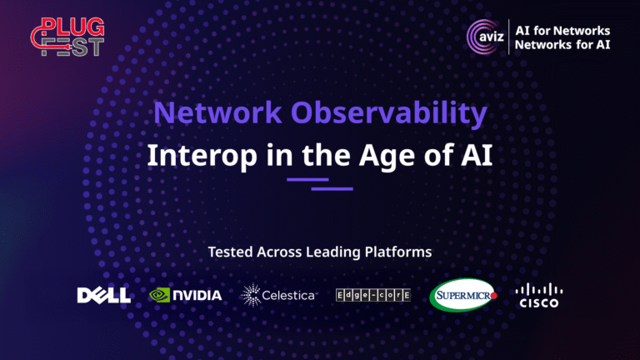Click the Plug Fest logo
click(67, 37)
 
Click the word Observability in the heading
click(389, 113)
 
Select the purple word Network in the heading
click(217, 112)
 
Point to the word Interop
click(202, 156)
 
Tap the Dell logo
click(104, 295)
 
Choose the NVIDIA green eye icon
click(159, 295)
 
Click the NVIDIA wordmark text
click(197, 295)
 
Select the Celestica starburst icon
click(251, 295)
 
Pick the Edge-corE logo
click(373, 295)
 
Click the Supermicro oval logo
click(462, 295)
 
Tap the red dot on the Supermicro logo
click(493, 296)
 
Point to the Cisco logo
click(539, 295)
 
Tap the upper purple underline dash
click(307, 180)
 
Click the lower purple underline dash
click(332, 188)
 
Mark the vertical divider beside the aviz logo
click(509, 37)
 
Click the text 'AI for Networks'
click(562, 31)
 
